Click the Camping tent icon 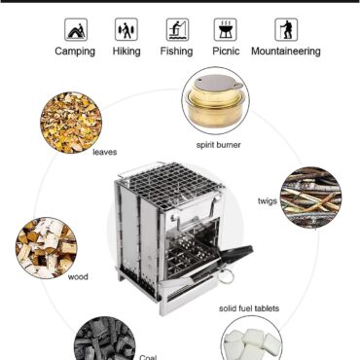pyautogui.click(x=76, y=29)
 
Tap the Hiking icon pyautogui.click(x=126, y=29)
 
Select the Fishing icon pyautogui.click(x=177, y=29)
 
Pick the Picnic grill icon pyautogui.click(x=226, y=29)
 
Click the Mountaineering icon pyautogui.click(x=286, y=29)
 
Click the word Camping pyautogui.click(x=75, y=52)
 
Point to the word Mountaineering pyautogui.click(x=286, y=52)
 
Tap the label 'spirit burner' pyautogui.click(x=218, y=145)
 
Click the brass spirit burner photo pyautogui.click(x=216, y=100)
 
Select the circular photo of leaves pyautogui.click(x=71, y=123)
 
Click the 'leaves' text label pyautogui.click(x=105, y=152)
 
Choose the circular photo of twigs pyautogui.click(x=310, y=198)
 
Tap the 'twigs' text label pyautogui.click(x=268, y=201)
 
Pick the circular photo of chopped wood pyautogui.click(x=47, y=248)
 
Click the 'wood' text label pyautogui.click(x=78, y=277)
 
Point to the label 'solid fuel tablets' pyautogui.click(x=249, y=308)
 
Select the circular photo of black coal pyautogui.click(x=105, y=339)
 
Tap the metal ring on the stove pyautogui.click(x=227, y=276)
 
